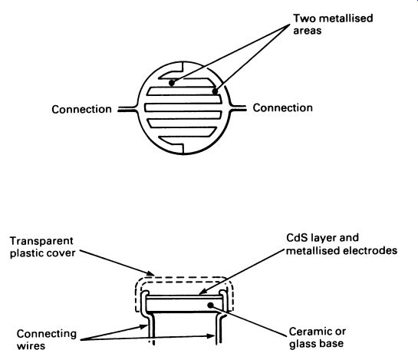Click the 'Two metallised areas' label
pyautogui.click(x=333, y=25)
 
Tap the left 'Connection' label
pyautogui.click(x=81, y=110)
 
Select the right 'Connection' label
pyautogui.click(x=282, y=107)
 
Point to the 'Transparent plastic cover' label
pyautogui.click(x=42, y=247)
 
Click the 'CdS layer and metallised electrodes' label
pyautogui.click(x=342, y=244)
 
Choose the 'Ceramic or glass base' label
pyautogui.click(x=318, y=338)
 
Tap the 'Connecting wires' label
pyautogui.click(x=46, y=340)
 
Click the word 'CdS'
pyautogui.click(x=295, y=238)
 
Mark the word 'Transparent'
pyautogui.click(x=41, y=241)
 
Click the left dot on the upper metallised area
pyautogui.click(x=172, y=83)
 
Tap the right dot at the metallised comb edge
pyautogui.click(x=215, y=91)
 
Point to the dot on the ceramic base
pyautogui.click(x=211, y=305)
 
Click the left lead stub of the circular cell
pyautogui.click(x=127, y=108)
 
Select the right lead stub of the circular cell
pyautogui.click(x=238, y=107)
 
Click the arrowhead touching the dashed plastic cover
pyautogui.click(x=150, y=273)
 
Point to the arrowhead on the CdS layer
pyautogui.click(x=202, y=292)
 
